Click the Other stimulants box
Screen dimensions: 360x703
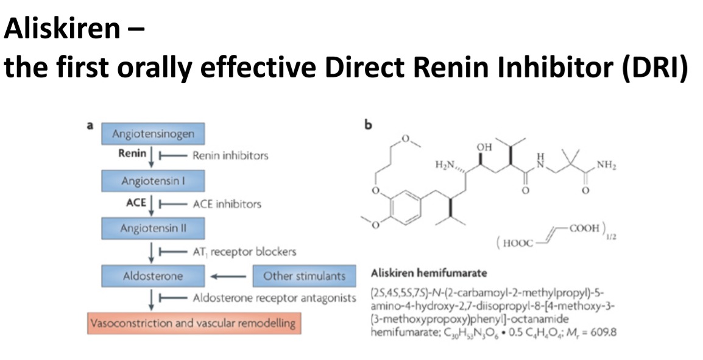click(304, 276)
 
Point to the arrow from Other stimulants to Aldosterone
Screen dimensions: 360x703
click(228, 277)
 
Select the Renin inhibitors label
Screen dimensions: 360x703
click(230, 155)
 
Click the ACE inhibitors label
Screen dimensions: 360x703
click(226, 203)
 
